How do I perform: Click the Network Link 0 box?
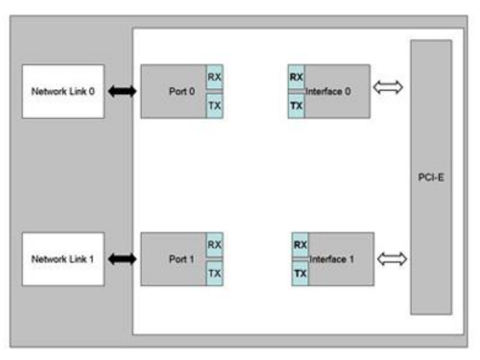click(x=63, y=92)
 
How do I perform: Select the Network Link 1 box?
click(x=63, y=259)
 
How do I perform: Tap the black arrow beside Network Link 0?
click(x=122, y=92)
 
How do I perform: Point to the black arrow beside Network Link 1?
click(x=122, y=259)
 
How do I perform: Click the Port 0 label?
click(x=182, y=92)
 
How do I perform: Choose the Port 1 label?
click(x=182, y=259)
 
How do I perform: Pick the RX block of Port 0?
click(x=214, y=77)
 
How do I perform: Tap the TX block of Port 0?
click(x=214, y=106)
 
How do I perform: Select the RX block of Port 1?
click(x=214, y=245)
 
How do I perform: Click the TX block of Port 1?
click(x=214, y=273)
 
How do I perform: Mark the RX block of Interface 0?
click(x=296, y=77)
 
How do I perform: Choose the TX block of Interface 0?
click(x=296, y=106)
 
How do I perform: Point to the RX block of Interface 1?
click(x=300, y=245)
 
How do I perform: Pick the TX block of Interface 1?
click(x=300, y=273)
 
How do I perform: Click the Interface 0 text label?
click(x=328, y=92)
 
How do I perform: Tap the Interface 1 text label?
click(x=331, y=259)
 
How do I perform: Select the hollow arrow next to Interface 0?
click(x=388, y=88)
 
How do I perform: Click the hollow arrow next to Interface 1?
click(x=392, y=259)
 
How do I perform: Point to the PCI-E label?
click(x=431, y=178)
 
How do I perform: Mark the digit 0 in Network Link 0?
click(x=92, y=92)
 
